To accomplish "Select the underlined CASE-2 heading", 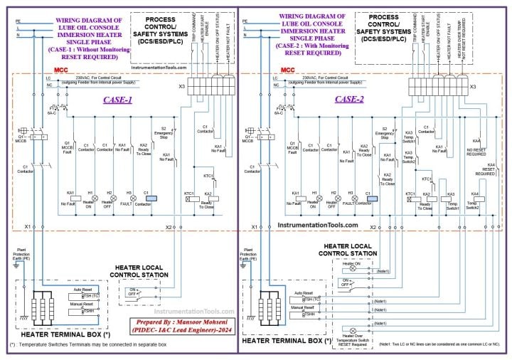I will tap(349, 100).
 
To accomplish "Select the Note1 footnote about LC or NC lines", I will tap(440, 344).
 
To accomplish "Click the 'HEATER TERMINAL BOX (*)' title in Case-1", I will tap(65, 334).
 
